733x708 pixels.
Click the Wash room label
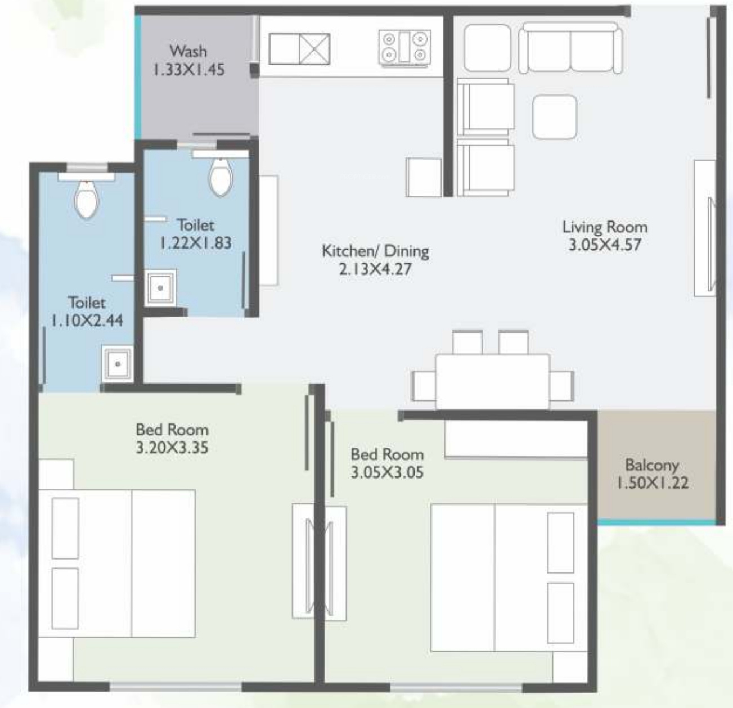pos(188,51)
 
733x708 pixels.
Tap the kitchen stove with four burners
pos(404,47)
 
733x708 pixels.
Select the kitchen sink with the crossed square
pos(299,49)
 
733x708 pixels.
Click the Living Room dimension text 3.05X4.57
pos(605,245)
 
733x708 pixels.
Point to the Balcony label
pos(651,465)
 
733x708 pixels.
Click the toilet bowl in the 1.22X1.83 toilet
pos(221,177)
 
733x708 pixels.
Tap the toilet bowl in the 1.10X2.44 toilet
pos(87,200)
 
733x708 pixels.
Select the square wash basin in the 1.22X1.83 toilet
pos(160,288)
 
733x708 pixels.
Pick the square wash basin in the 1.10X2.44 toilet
pos(118,364)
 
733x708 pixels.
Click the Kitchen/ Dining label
pos(376,251)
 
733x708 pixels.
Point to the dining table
pos(492,381)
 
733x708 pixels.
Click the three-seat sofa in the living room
pos(570,48)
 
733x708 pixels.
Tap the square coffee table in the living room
pos(555,117)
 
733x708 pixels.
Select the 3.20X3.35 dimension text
pos(172,448)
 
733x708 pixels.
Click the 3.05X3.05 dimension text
pos(387,472)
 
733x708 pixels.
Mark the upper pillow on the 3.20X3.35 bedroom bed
pos(65,528)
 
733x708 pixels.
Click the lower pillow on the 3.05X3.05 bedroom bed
pos(561,613)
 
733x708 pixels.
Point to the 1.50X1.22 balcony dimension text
pos(652,483)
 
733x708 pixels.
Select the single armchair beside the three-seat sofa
pos(487,48)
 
